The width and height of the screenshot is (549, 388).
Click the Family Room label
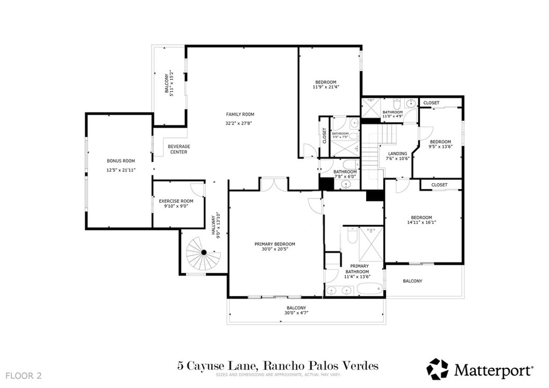240,114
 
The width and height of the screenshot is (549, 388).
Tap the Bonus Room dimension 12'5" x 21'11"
121,170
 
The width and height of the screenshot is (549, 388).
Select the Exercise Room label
176,200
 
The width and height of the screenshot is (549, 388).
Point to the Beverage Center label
179,149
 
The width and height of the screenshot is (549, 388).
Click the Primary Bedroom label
274,244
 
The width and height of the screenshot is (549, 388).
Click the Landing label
397,153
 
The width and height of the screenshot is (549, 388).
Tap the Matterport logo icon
437,369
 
